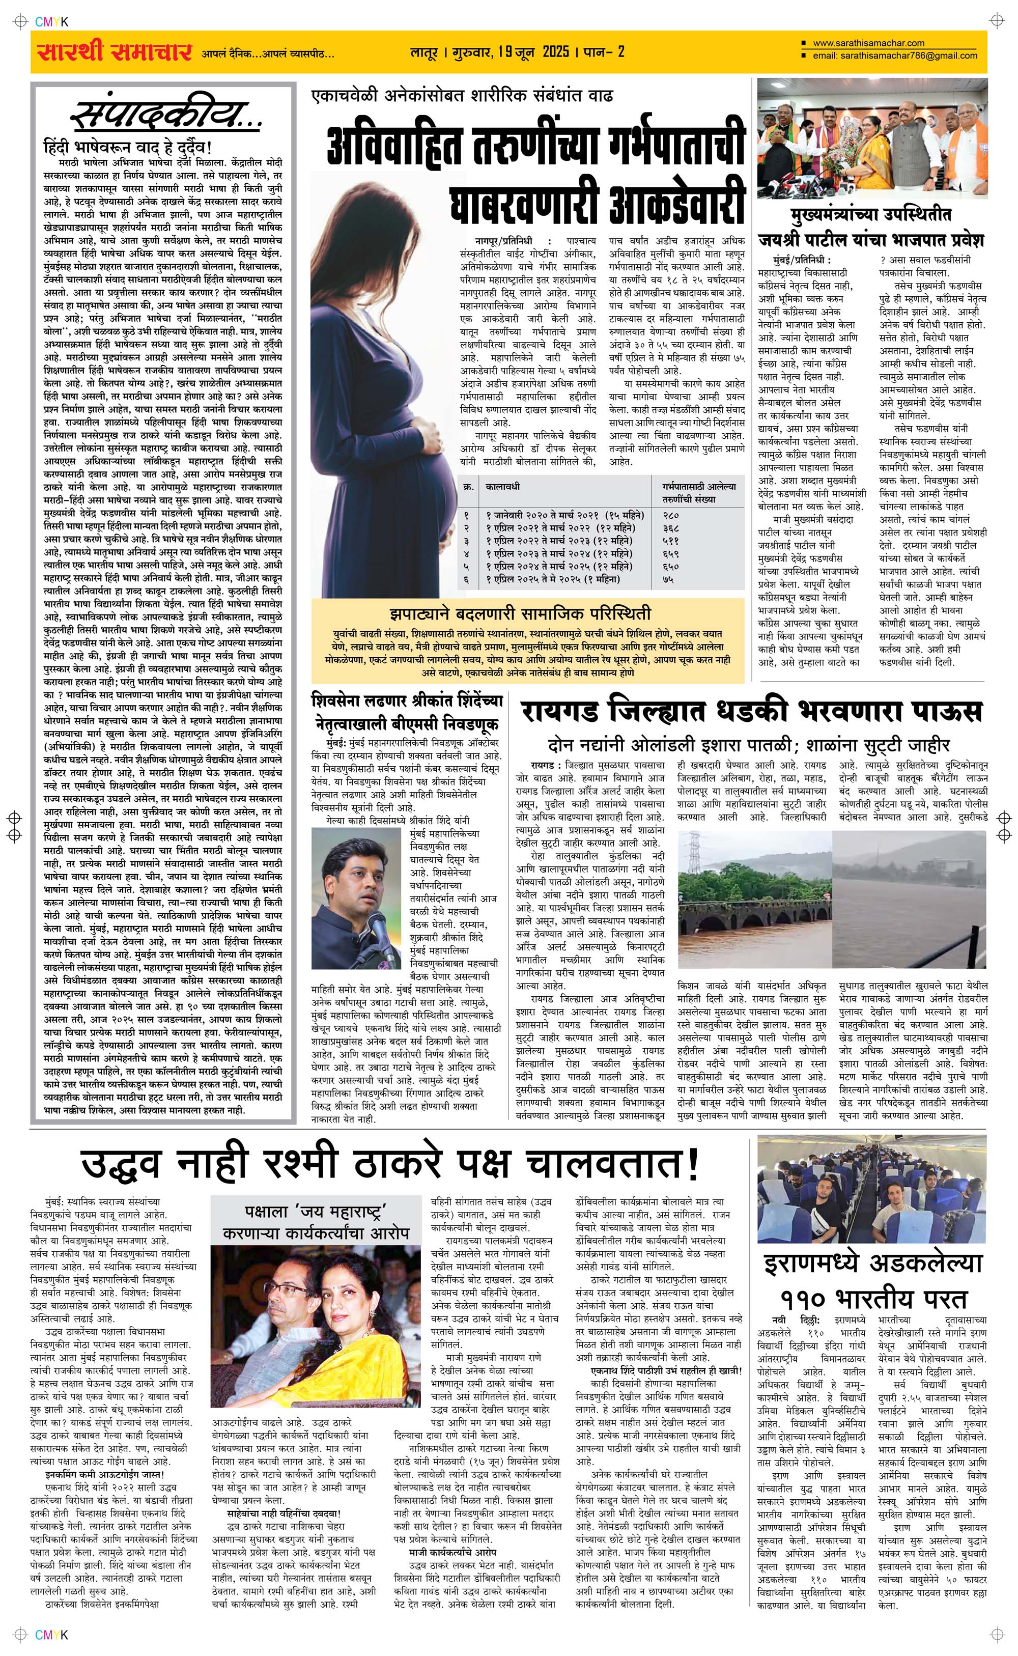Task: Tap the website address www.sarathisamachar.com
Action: click(x=868, y=43)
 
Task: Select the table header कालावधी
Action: click(x=503, y=486)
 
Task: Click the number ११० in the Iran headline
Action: click(x=805, y=1297)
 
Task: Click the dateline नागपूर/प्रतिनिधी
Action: click(x=495, y=240)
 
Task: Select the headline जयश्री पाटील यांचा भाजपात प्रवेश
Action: click(x=871, y=240)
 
